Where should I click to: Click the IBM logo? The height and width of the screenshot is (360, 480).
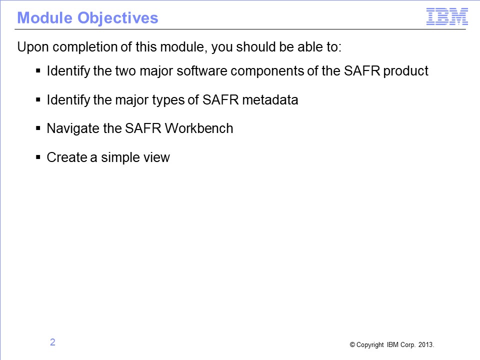(447, 16)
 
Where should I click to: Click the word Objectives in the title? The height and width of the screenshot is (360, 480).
(118, 18)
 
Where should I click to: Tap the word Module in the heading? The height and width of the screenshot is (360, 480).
(44, 18)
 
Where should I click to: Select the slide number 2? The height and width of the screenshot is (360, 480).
(52, 342)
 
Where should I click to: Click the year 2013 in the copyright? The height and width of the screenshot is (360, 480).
(426, 344)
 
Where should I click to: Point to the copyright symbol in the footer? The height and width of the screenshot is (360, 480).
(352, 344)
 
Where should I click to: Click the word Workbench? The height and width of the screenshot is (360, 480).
(199, 128)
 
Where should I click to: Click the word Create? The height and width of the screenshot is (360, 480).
(66, 157)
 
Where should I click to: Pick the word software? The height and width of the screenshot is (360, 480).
(201, 70)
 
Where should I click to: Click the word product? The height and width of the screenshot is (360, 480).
(405, 71)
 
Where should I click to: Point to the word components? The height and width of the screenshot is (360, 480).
(267, 71)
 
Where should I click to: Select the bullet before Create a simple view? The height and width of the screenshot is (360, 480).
(38, 157)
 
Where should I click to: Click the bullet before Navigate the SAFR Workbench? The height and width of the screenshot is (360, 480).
(38, 128)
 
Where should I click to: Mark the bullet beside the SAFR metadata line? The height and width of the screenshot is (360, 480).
(38, 99)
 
